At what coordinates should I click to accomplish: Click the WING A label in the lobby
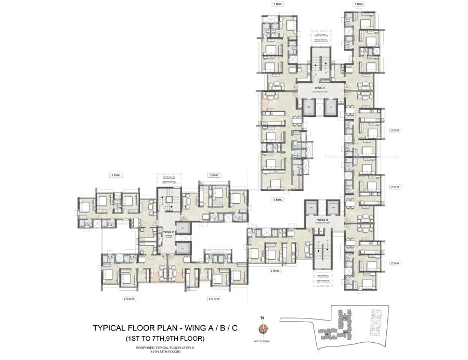tap(320, 88)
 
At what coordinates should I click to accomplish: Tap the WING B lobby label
tap(322, 220)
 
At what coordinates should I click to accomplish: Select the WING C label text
tap(167, 233)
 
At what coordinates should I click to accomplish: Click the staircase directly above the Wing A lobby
tap(320, 64)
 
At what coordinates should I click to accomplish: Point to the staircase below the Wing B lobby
tap(321, 250)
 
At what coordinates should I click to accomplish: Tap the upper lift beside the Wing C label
tap(183, 228)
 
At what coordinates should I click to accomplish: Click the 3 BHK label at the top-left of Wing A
tap(278, 4)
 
